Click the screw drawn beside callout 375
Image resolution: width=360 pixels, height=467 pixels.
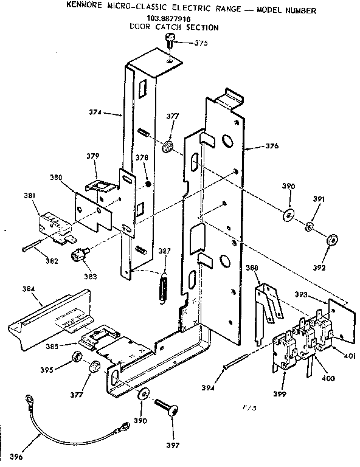170,40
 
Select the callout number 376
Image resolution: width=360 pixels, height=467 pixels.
272,146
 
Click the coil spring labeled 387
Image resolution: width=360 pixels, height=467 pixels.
163,285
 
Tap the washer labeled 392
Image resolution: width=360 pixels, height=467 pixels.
333,240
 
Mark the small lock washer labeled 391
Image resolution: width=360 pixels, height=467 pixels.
309,227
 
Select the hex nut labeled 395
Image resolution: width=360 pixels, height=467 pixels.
77,357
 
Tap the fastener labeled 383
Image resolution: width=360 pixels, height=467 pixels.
79,255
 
